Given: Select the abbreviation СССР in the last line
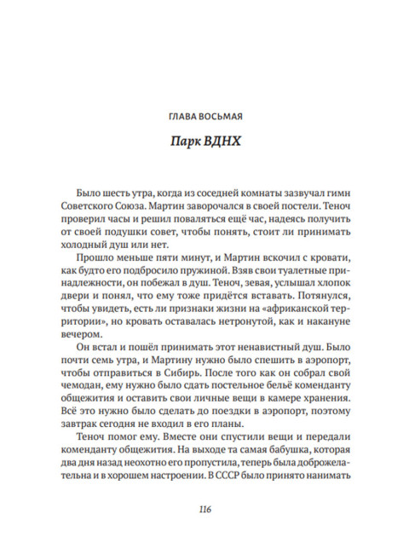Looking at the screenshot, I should pyautogui.click(x=237, y=495).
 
